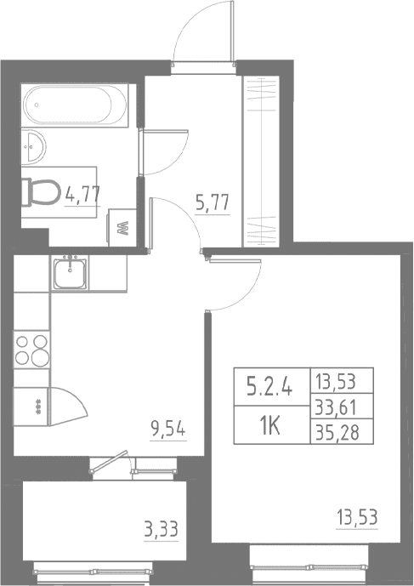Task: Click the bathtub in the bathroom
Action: (75, 105)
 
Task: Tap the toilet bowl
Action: (41, 192)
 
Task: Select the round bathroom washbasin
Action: (33, 146)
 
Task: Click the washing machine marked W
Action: (122, 228)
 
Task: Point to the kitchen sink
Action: (70, 273)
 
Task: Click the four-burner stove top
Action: (32, 350)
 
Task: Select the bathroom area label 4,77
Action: (82, 195)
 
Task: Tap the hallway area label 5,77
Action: (213, 203)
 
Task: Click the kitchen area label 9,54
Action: (167, 430)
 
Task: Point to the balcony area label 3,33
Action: (161, 529)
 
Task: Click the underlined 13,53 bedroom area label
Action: (357, 518)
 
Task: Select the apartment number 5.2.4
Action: (270, 387)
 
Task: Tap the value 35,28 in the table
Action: (337, 433)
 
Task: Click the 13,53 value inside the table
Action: (335, 382)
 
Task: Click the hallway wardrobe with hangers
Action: (261, 161)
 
